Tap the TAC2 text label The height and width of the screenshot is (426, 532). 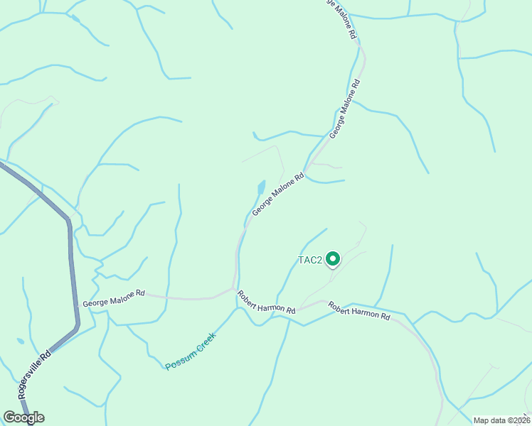coord(310,261)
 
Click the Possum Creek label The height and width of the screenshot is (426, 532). coord(190,351)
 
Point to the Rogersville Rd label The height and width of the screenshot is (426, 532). coord(35,373)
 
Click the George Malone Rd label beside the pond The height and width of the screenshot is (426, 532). coord(278,196)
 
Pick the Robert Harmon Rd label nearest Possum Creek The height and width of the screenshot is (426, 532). coord(267,302)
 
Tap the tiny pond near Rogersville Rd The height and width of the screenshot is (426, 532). coord(21,342)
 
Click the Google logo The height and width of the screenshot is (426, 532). coord(23,417)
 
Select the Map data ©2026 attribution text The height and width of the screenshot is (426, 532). coord(501,420)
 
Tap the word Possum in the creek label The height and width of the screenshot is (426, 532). coord(178,361)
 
